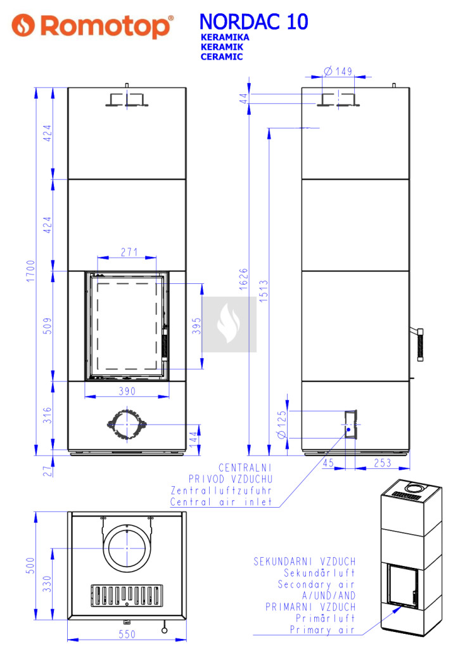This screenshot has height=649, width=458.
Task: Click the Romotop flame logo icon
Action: click(23, 25)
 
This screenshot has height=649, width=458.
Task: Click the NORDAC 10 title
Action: click(253, 22)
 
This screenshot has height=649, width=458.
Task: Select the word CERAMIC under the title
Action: click(221, 57)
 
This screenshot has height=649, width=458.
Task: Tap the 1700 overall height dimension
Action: click(30, 271)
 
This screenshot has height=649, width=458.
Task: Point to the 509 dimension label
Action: click(48, 326)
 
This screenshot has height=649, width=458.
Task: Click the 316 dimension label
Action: click(48, 415)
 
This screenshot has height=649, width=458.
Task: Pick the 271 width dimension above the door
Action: click(129, 252)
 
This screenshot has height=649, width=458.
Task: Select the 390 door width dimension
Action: click(127, 390)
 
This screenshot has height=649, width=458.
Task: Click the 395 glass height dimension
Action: click(196, 326)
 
